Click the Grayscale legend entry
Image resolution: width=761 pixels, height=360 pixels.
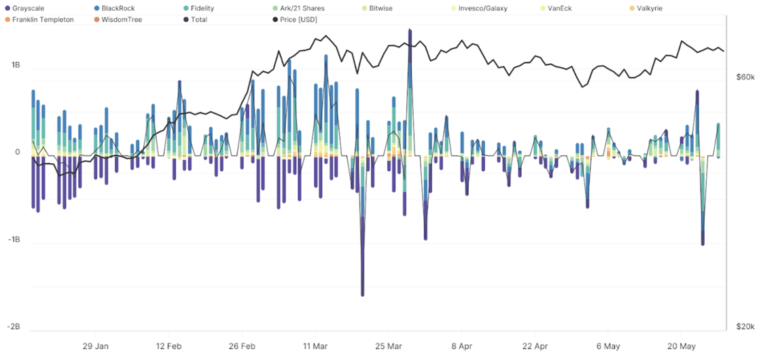pyautogui.click(x=28, y=8)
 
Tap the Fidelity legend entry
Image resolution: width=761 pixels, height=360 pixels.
pyautogui.click(x=202, y=8)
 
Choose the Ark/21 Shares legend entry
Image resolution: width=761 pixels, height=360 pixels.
pyautogui.click(x=302, y=8)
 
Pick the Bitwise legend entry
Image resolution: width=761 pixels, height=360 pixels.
pyautogui.click(x=384, y=8)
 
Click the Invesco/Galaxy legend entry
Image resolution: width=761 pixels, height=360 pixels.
pyautogui.click(x=482, y=8)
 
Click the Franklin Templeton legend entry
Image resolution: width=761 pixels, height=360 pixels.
pyautogui.click(x=42, y=20)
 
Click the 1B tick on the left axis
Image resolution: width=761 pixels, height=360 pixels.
pyautogui.click(x=15, y=65)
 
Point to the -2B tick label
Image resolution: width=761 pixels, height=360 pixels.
pyautogui.click(x=14, y=327)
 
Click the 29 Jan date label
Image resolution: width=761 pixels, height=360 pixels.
pyautogui.click(x=95, y=345)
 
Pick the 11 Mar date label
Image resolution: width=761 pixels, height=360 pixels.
pyautogui.click(x=315, y=345)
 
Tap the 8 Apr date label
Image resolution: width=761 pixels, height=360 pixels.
pyautogui.click(x=461, y=345)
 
